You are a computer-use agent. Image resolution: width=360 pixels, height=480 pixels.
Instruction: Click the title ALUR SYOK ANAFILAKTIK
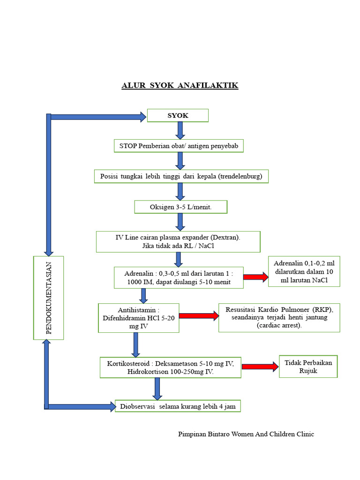point(180,85)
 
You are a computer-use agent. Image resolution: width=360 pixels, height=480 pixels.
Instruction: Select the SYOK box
point(178,115)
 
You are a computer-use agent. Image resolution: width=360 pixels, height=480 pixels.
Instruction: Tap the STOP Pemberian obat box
point(179,146)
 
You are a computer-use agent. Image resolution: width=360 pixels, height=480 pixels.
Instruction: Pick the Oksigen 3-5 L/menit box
point(180,207)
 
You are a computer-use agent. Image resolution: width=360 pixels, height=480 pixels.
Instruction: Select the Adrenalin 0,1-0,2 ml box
point(304,271)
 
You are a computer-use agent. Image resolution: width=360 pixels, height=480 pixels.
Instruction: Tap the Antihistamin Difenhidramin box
point(138,317)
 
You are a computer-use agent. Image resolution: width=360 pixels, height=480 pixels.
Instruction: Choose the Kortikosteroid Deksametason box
point(171,367)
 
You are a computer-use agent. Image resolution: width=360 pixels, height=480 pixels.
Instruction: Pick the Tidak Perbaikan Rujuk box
point(308,366)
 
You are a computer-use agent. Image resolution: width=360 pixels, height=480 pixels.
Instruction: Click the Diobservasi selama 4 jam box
point(178,406)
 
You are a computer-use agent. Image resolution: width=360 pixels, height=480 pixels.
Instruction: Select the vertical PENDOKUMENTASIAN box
point(48,298)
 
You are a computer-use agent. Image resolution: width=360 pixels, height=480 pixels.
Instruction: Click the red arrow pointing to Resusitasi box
point(199,315)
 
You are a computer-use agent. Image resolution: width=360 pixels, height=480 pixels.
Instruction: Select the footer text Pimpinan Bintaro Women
point(246,434)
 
